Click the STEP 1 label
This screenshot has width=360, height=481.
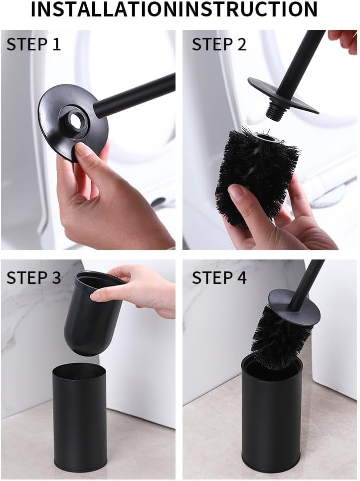point(33,44)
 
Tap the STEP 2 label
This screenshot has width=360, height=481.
point(219,44)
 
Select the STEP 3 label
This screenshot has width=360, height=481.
point(33,277)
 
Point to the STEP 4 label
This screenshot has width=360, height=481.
point(219,277)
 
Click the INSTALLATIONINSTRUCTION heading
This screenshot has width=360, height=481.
point(174,9)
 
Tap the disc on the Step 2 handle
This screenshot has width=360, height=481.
point(282,95)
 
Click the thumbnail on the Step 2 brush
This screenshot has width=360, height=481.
point(236,192)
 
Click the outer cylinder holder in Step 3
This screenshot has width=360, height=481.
point(80,417)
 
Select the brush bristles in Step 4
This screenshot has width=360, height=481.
point(278,337)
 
